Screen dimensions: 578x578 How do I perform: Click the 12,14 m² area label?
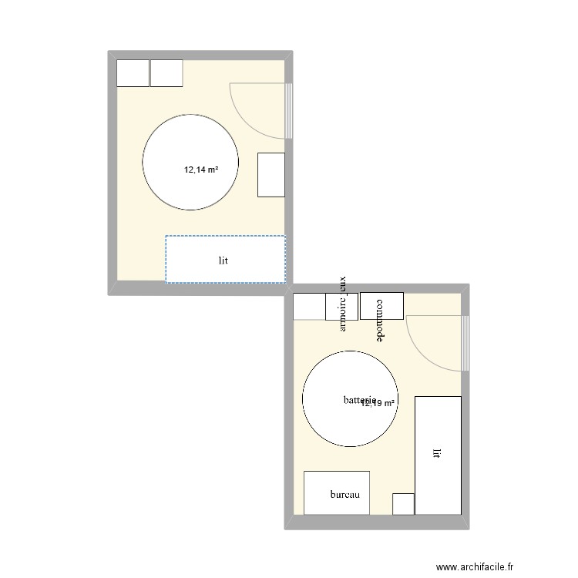click(200, 170)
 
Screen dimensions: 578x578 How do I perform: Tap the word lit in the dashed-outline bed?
click(223, 260)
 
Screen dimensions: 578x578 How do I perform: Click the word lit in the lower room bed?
click(437, 455)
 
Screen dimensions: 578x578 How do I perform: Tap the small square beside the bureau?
click(403, 503)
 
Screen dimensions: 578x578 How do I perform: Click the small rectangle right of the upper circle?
click(271, 174)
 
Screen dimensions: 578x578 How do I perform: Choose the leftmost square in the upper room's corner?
click(132, 73)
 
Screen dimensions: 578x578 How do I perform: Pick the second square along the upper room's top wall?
click(166, 73)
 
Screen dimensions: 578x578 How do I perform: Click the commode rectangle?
click(381, 306)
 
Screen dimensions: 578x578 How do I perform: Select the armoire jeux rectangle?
click(342, 306)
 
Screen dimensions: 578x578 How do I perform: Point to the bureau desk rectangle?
click(337, 492)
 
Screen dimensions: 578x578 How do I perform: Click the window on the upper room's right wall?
click(289, 110)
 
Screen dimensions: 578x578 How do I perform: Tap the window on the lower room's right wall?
click(465, 341)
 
